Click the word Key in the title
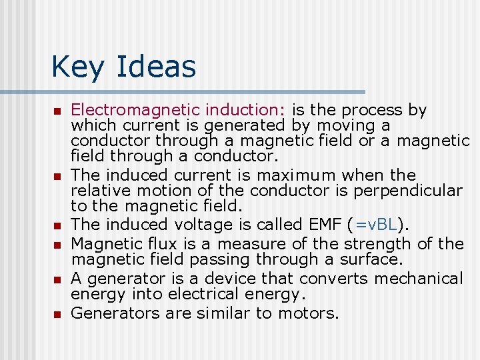click(x=73, y=67)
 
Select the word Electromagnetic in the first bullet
click(x=136, y=110)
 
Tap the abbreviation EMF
click(x=327, y=225)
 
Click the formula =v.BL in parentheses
click(x=378, y=225)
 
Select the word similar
click(x=223, y=313)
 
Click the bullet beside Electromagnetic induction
click(x=57, y=111)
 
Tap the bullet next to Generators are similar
click(x=57, y=313)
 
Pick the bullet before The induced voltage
click(x=57, y=225)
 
